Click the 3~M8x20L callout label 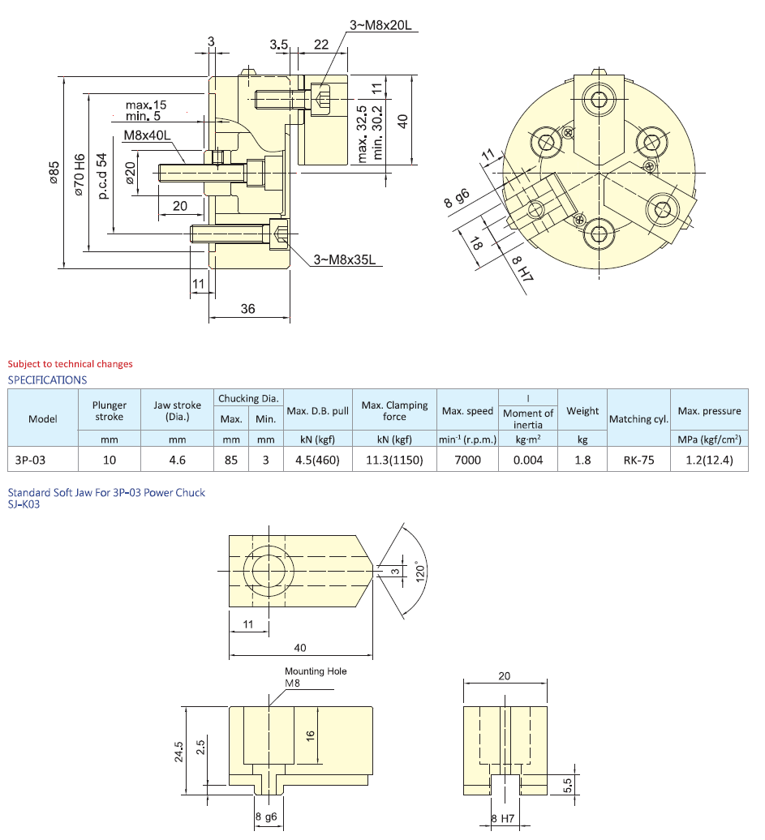click(x=380, y=25)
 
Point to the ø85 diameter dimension click(x=54, y=174)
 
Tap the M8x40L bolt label click(x=147, y=135)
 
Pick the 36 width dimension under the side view click(x=248, y=308)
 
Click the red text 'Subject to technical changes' click(x=70, y=364)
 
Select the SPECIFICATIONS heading click(x=47, y=379)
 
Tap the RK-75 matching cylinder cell click(x=638, y=460)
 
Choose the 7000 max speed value click(x=468, y=460)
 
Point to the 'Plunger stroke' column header click(x=110, y=411)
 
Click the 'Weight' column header click(x=582, y=411)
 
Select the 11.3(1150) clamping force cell click(x=394, y=460)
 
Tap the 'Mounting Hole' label click(x=316, y=671)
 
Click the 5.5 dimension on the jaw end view click(x=567, y=785)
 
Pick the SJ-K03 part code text click(x=24, y=504)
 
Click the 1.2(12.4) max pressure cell click(x=710, y=460)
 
